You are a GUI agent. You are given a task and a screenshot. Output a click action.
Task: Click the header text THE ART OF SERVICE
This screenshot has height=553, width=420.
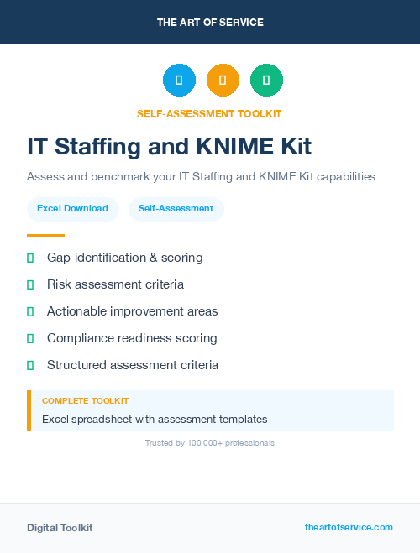[210, 23]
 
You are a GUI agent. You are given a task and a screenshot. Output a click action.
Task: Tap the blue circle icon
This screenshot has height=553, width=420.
[179, 81]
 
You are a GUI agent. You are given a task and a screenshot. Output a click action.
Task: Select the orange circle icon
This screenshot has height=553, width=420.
[223, 81]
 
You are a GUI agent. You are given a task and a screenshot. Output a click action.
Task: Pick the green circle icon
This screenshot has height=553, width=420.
[266, 81]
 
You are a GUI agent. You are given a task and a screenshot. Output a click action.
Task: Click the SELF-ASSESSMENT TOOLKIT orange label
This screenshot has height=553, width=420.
[210, 113]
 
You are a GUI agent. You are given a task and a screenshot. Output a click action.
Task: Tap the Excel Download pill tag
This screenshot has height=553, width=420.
[72, 208]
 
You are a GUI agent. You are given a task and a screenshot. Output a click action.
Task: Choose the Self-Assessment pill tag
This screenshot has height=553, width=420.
[176, 208]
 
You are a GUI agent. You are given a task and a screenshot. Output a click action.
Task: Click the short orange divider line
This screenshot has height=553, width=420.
[45, 236]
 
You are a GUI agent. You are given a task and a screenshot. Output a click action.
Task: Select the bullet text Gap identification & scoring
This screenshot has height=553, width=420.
[124, 258]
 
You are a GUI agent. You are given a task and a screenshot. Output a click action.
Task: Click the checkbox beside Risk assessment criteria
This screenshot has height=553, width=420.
[30, 285]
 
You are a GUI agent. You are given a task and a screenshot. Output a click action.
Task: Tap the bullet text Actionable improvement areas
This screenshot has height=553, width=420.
[132, 311]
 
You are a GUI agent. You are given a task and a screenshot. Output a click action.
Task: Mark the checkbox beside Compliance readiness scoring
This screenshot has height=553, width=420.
[30, 339]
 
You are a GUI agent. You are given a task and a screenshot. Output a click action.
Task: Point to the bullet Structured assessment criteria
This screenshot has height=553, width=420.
[133, 365]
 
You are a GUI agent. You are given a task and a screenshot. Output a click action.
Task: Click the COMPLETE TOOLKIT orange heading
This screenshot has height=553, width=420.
[85, 401]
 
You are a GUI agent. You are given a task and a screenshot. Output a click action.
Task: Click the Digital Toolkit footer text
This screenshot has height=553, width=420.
[60, 528]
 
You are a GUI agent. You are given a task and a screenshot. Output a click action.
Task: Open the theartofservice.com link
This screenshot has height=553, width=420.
[349, 527]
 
